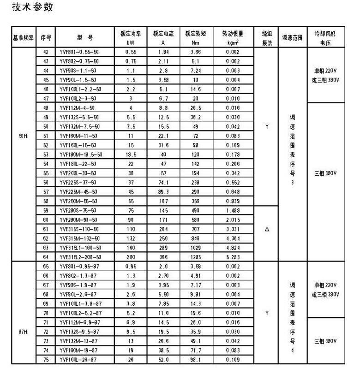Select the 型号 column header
(x=84, y=38)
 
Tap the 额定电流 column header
(x=163, y=38)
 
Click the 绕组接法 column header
(x=267, y=38)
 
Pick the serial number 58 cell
(x=46, y=201)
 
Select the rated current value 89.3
(x=163, y=192)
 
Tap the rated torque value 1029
(x=196, y=248)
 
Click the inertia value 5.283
(x=233, y=257)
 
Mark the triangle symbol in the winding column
(x=267, y=229)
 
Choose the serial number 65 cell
(x=46, y=267)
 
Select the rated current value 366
(x=163, y=257)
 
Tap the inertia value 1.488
(x=233, y=210)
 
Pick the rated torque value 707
(x=196, y=229)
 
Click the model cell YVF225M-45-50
(x=78, y=192)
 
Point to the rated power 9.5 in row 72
(x=131, y=332)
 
